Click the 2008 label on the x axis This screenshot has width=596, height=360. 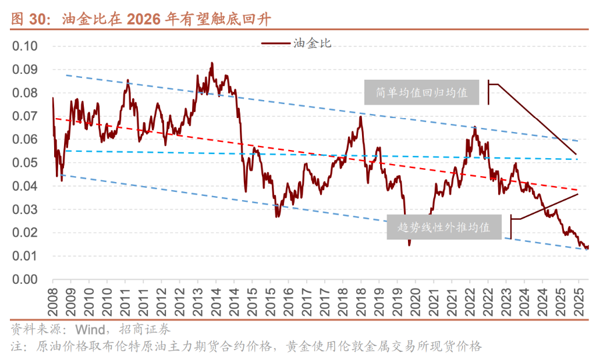[52, 301]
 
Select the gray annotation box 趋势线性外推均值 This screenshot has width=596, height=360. [445, 227]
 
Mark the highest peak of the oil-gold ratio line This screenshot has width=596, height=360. [212, 63]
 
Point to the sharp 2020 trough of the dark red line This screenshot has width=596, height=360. [409, 244]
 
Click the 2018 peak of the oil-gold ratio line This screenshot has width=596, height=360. [361, 117]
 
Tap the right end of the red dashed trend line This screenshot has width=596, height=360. [577, 190]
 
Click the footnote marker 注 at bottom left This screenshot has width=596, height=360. [17, 347]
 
